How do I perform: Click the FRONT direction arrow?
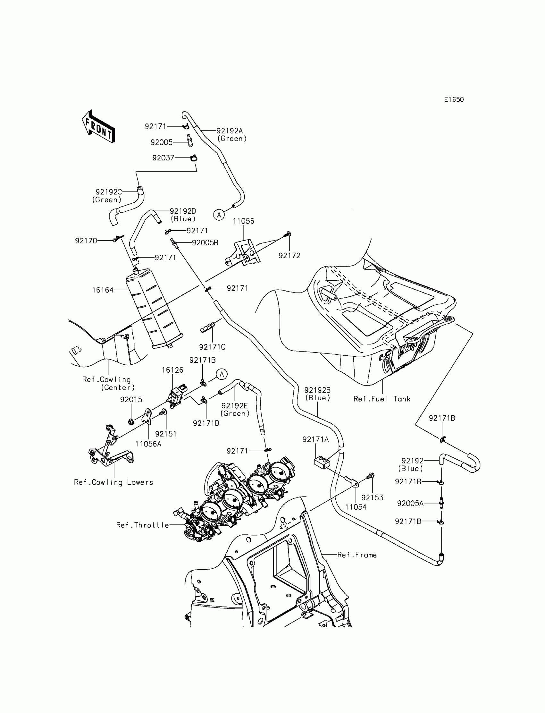98,127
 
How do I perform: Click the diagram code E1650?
454,100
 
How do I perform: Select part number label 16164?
103,290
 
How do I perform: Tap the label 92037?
163,158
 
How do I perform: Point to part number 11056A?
148,444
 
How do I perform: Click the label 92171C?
212,347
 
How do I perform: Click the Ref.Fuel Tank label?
382,399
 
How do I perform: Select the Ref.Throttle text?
143,525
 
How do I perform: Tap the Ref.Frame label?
357,555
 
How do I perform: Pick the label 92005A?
410,503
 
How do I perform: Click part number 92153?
372,497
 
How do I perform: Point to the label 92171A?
316,439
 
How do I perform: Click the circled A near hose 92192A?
219,215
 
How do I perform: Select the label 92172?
289,256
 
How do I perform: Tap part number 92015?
131,400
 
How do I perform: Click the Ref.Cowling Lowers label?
113,482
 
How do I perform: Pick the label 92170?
86,241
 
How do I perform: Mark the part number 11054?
356,507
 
